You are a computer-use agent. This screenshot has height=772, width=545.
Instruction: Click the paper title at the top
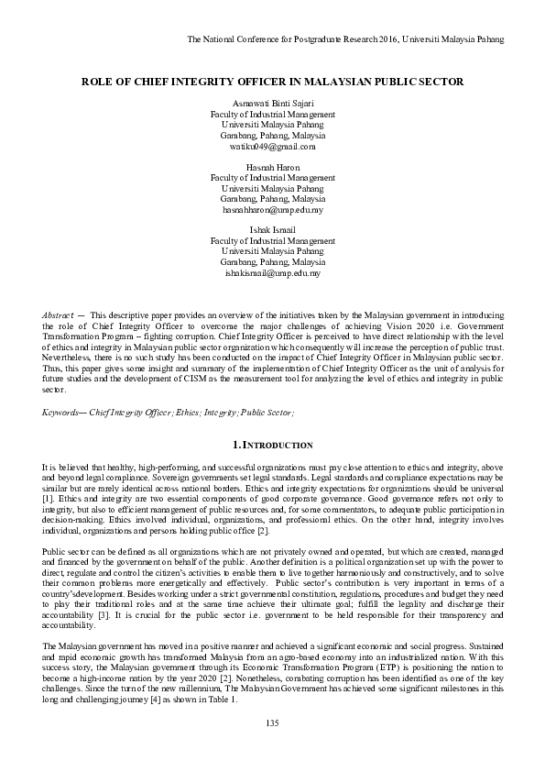pyautogui.click(x=272, y=82)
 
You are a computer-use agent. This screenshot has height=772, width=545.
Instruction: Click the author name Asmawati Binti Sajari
pyautogui.click(x=272, y=104)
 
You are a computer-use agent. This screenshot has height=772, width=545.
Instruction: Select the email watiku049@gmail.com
pyautogui.click(x=272, y=146)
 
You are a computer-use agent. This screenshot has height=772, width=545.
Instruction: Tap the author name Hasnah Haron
pyautogui.click(x=272, y=168)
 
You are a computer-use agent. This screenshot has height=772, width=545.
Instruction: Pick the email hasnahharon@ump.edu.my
pyautogui.click(x=272, y=209)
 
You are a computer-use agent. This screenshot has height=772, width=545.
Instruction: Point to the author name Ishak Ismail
pyautogui.click(x=272, y=230)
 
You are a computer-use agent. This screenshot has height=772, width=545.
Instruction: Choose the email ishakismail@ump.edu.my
pyautogui.click(x=272, y=272)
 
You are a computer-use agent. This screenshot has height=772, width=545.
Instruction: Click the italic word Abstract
pyautogui.click(x=60, y=314)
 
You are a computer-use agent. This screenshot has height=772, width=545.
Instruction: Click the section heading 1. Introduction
pyautogui.click(x=272, y=445)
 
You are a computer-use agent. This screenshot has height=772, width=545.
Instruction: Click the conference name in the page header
pyautogui.click(x=344, y=39)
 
